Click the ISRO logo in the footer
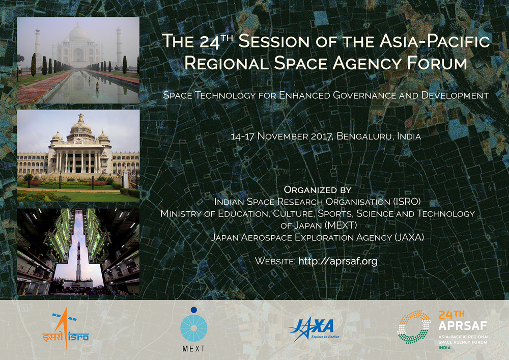(66, 329)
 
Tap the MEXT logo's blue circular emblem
(194, 328)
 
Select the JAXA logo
(314, 329)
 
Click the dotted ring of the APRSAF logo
(414, 327)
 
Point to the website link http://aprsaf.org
(337, 261)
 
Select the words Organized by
(318, 189)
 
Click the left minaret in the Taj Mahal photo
(38, 47)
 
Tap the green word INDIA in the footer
(444, 348)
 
